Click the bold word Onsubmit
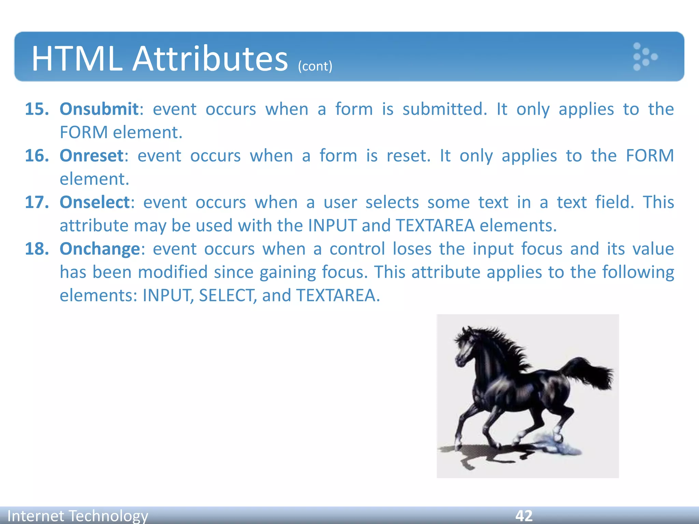pyautogui.click(x=99, y=110)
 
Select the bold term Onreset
pyautogui.click(x=91, y=156)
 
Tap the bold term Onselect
pyautogui.click(x=95, y=202)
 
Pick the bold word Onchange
pyautogui.click(x=100, y=249)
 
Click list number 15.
pyautogui.click(x=37, y=110)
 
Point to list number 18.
pyautogui.click(x=37, y=249)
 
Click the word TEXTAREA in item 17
pyautogui.click(x=435, y=226)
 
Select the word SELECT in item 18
pyautogui.click(x=226, y=295)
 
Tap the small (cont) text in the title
pyautogui.click(x=315, y=66)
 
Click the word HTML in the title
pyautogui.click(x=77, y=59)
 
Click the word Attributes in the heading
pyautogui.click(x=210, y=59)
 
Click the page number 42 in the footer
pyautogui.click(x=524, y=515)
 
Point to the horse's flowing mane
pyautogui.click(x=505, y=345)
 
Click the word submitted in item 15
pyautogui.click(x=444, y=110)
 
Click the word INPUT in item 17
pyautogui.click(x=332, y=226)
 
